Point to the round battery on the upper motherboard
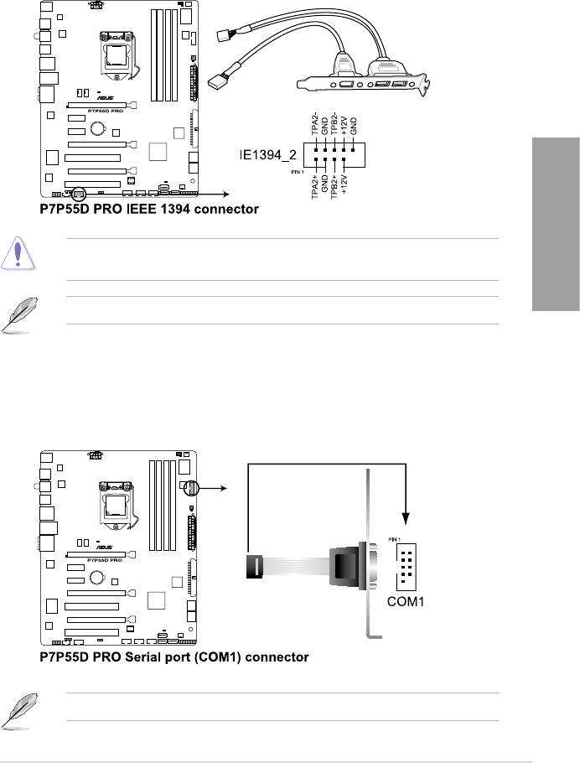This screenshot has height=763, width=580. [x=98, y=128]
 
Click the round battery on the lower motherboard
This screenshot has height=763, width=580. [x=98, y=578]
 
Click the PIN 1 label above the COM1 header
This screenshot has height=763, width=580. [x=395, y=539]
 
